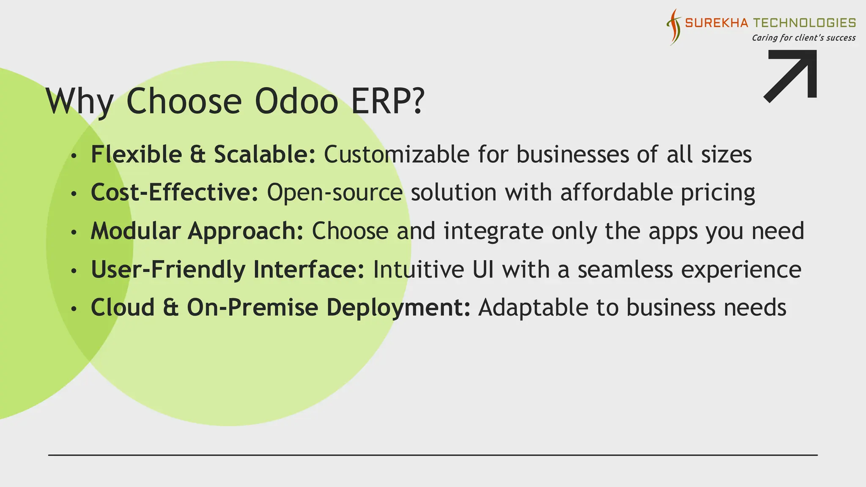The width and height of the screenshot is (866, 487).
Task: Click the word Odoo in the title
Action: (296, 101)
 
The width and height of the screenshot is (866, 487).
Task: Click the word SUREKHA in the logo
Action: (716, 23)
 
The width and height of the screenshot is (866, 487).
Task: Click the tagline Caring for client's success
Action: (803, 38)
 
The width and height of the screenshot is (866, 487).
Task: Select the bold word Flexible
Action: (136, 154)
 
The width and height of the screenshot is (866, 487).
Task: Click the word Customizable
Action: (396, 154)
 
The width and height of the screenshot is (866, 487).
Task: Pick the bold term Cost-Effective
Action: (174, 192)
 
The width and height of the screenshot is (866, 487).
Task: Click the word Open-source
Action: (334, 192)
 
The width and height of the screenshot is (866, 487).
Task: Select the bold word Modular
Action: (135, 231)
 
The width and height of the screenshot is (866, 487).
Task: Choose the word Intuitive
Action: (418, 269)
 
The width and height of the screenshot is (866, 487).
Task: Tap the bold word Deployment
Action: (398, 308)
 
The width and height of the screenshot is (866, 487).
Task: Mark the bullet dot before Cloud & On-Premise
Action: (74, 309)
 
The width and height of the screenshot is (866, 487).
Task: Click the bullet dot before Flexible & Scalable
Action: (74, 156)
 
